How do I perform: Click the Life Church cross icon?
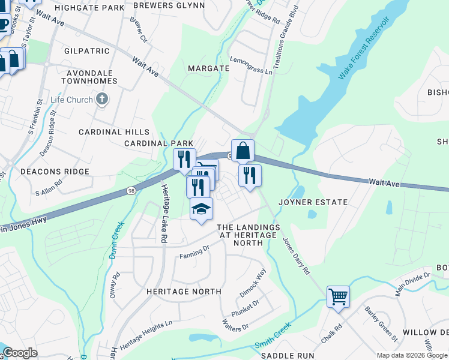point(102,99)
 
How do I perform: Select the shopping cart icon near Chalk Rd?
point(338,296)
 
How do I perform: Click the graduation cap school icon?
point(201,209)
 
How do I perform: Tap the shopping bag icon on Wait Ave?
point(243,151)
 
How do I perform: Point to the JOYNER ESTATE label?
point(313,203)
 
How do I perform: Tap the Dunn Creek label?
point(116,240)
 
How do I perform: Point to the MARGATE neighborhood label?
point(208,68)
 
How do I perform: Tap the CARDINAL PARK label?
point(158,143)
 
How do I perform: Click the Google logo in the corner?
point(20,353)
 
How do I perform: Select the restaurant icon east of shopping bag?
point(250,175)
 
